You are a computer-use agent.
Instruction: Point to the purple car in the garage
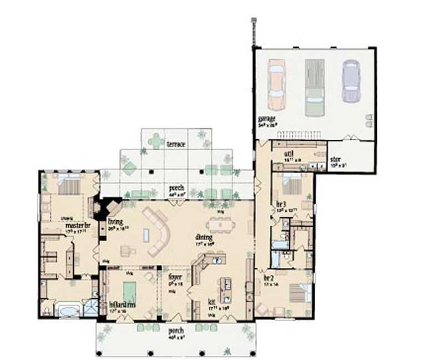click(351, 81)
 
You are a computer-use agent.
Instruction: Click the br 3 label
click(281, 204)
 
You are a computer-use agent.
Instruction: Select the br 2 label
click(269, 277)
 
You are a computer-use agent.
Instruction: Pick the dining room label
click(203, 237)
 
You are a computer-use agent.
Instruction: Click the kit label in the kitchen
click(211, 302)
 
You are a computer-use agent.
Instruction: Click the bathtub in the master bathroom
click(69, 309)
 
